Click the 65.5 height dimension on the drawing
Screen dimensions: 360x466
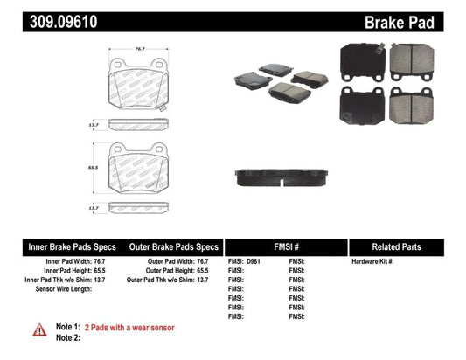(92, 164)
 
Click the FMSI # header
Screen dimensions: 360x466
(285, 247)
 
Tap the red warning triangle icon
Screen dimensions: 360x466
(40, 329)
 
